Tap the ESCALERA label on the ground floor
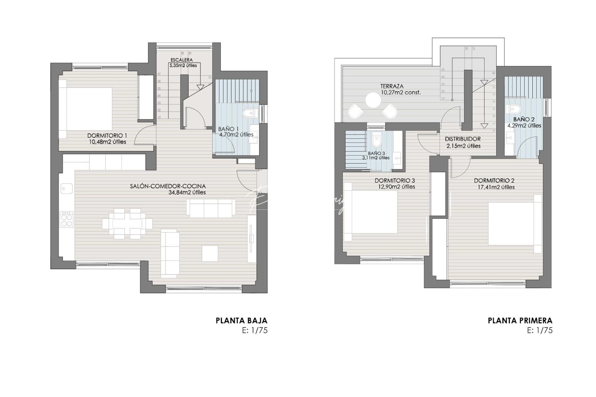click(182, 60)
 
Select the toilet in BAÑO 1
click(249, 112)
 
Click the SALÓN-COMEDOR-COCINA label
click(168, 186)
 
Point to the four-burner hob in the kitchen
click(67, 220)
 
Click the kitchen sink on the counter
click(67, 189)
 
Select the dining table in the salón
click(127, 223)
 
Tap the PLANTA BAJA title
click(241, 321)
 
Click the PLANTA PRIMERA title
click(520, 321)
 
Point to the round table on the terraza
click(372, 100)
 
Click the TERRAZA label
click(391, 87)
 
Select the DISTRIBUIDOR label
click(462, 139)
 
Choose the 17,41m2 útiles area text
click(494, 187)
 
